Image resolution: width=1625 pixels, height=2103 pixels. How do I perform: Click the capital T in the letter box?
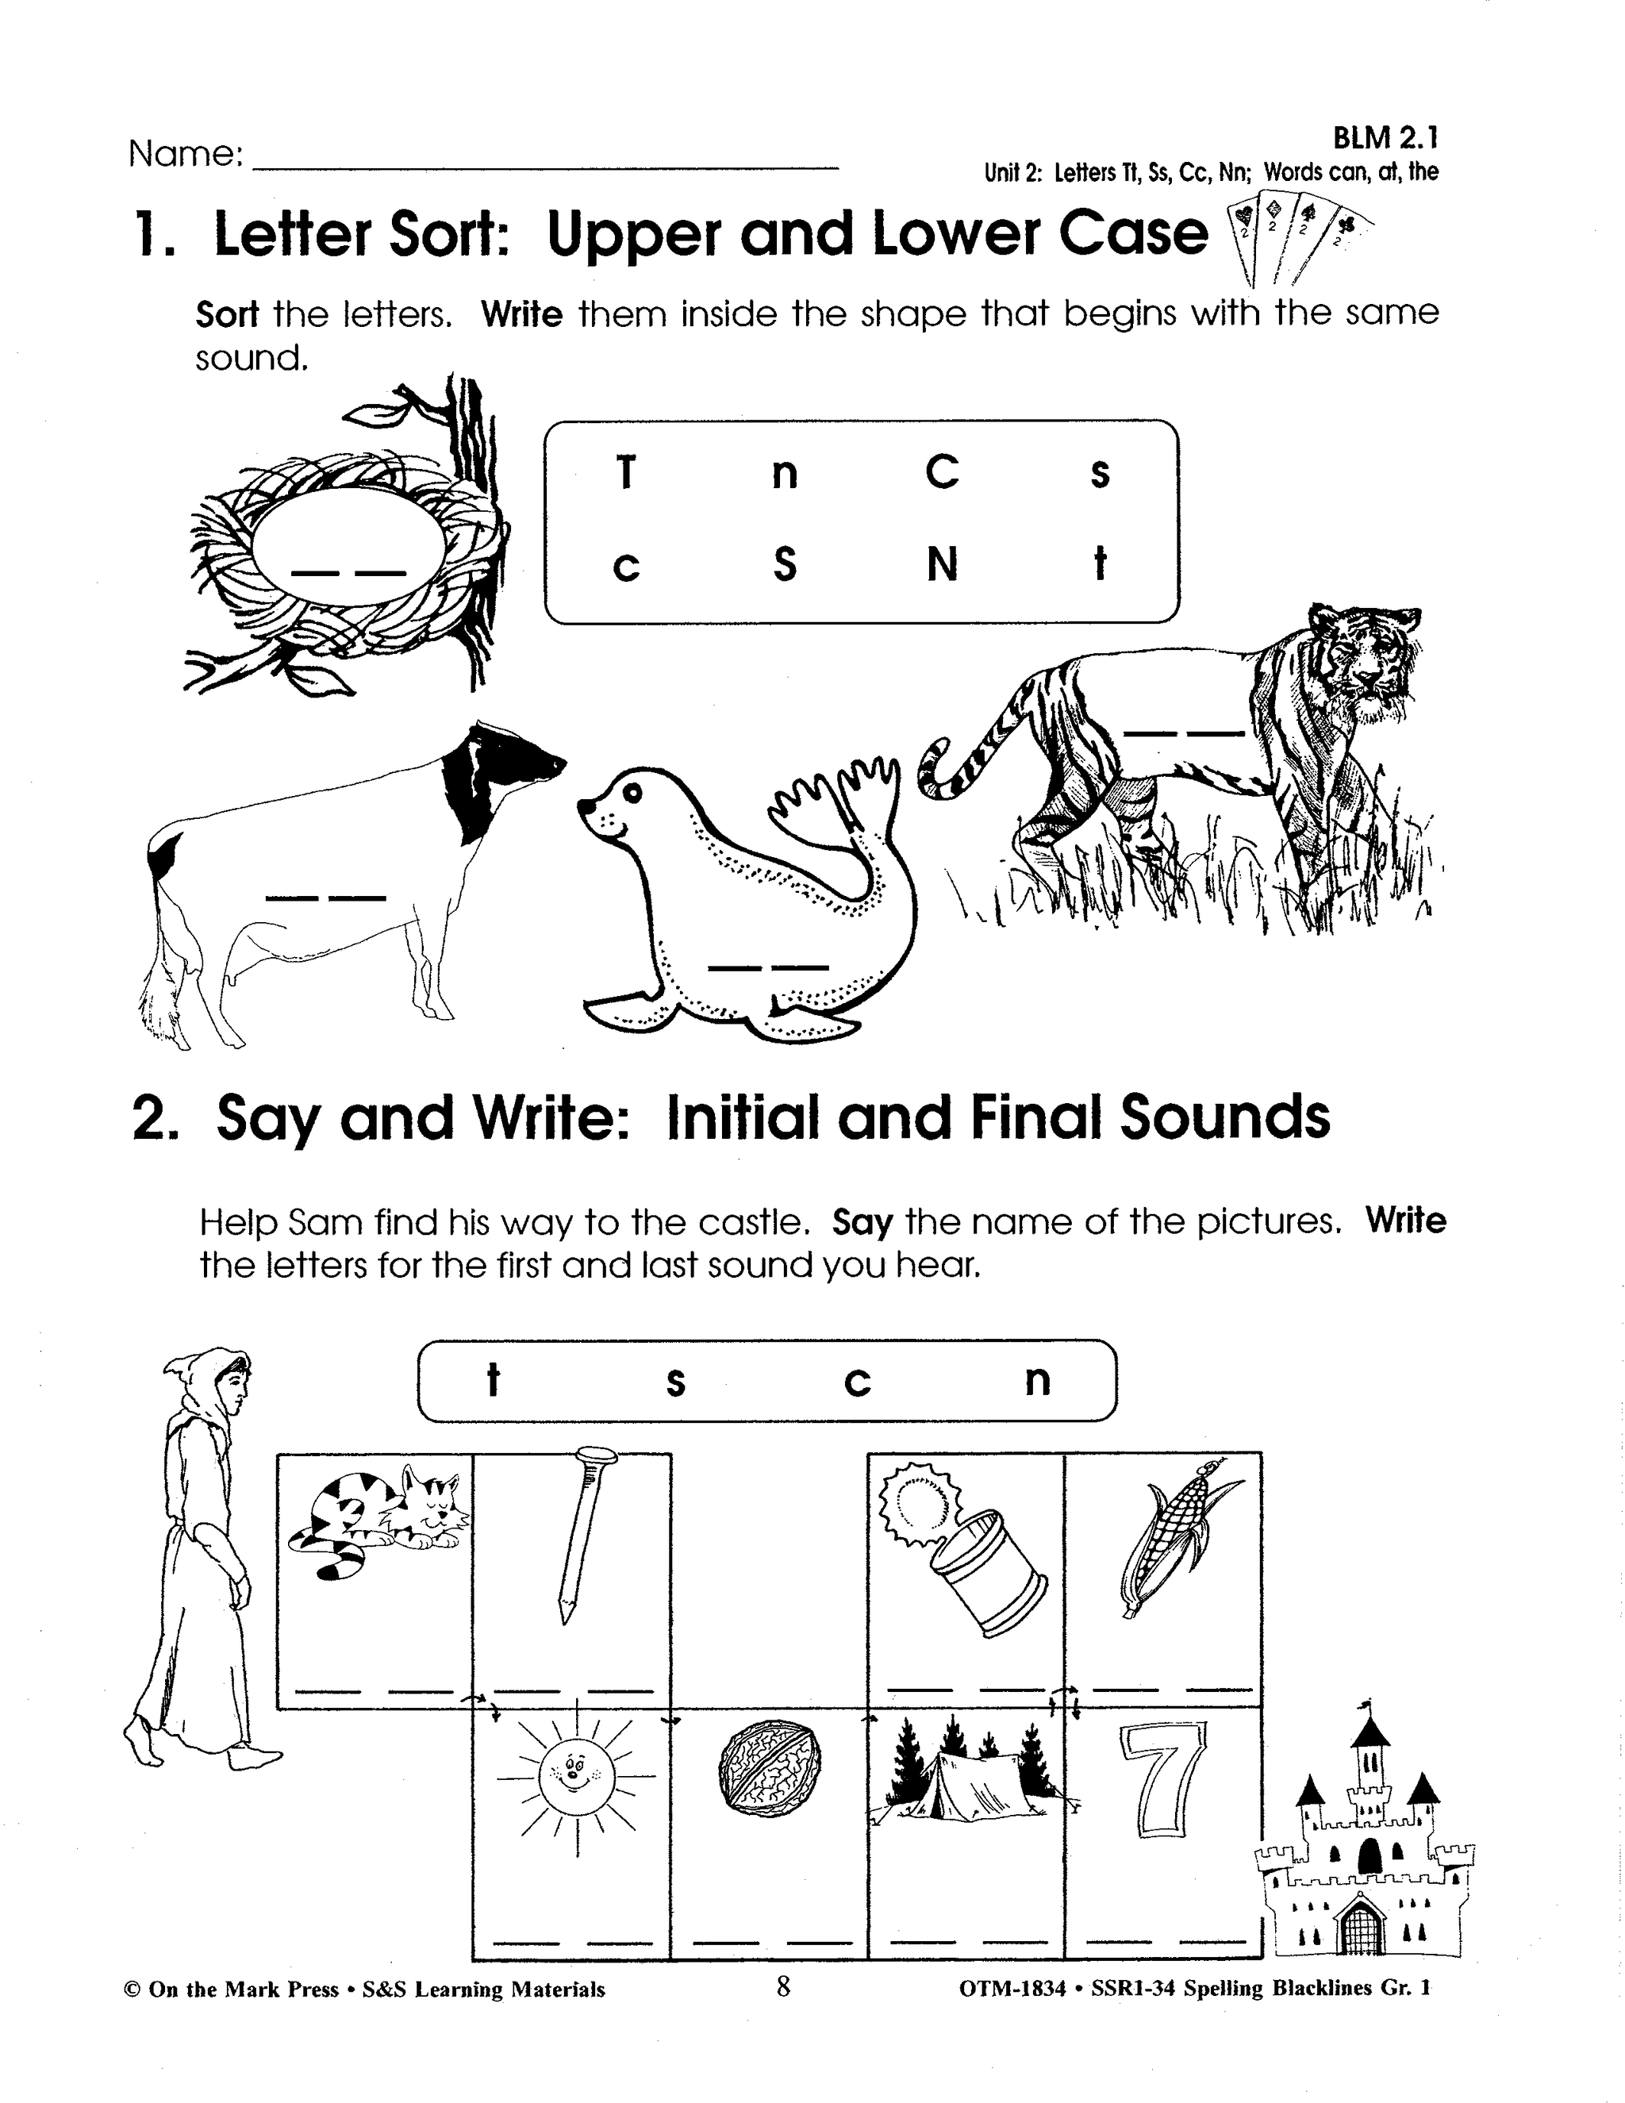(626, 473)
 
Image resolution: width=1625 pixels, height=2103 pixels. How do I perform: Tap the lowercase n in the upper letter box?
(785, 475)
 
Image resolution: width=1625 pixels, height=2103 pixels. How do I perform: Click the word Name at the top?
(185, 155)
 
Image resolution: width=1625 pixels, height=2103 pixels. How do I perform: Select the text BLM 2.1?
(1385, 139)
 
